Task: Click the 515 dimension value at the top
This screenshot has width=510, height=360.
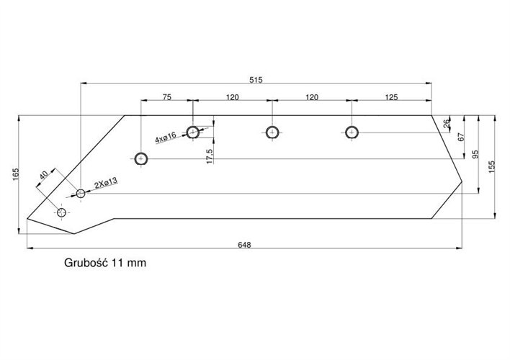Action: [256, 78]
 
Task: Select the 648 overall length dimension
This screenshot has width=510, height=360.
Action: [243, 245]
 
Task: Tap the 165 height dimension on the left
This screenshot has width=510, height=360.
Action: [14, 174]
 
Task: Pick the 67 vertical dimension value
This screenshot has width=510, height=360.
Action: [460, 137]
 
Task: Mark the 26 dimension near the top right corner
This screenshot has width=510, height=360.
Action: [447, 124]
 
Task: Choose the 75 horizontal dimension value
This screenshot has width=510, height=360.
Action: [166, 96]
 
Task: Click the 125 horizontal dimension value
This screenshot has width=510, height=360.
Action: [391, 96]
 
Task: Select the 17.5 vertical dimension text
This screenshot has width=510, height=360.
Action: [209, 156]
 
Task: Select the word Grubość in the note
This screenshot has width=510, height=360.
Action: [85, 263]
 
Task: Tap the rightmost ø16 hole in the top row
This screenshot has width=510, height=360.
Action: [352, 132]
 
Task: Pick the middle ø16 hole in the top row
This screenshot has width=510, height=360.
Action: [272, 132]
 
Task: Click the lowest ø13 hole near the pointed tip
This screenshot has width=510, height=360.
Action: [61, 212]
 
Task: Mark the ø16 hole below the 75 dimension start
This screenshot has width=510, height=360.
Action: [141, 158]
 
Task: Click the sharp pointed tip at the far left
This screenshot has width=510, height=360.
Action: [27, 218]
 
